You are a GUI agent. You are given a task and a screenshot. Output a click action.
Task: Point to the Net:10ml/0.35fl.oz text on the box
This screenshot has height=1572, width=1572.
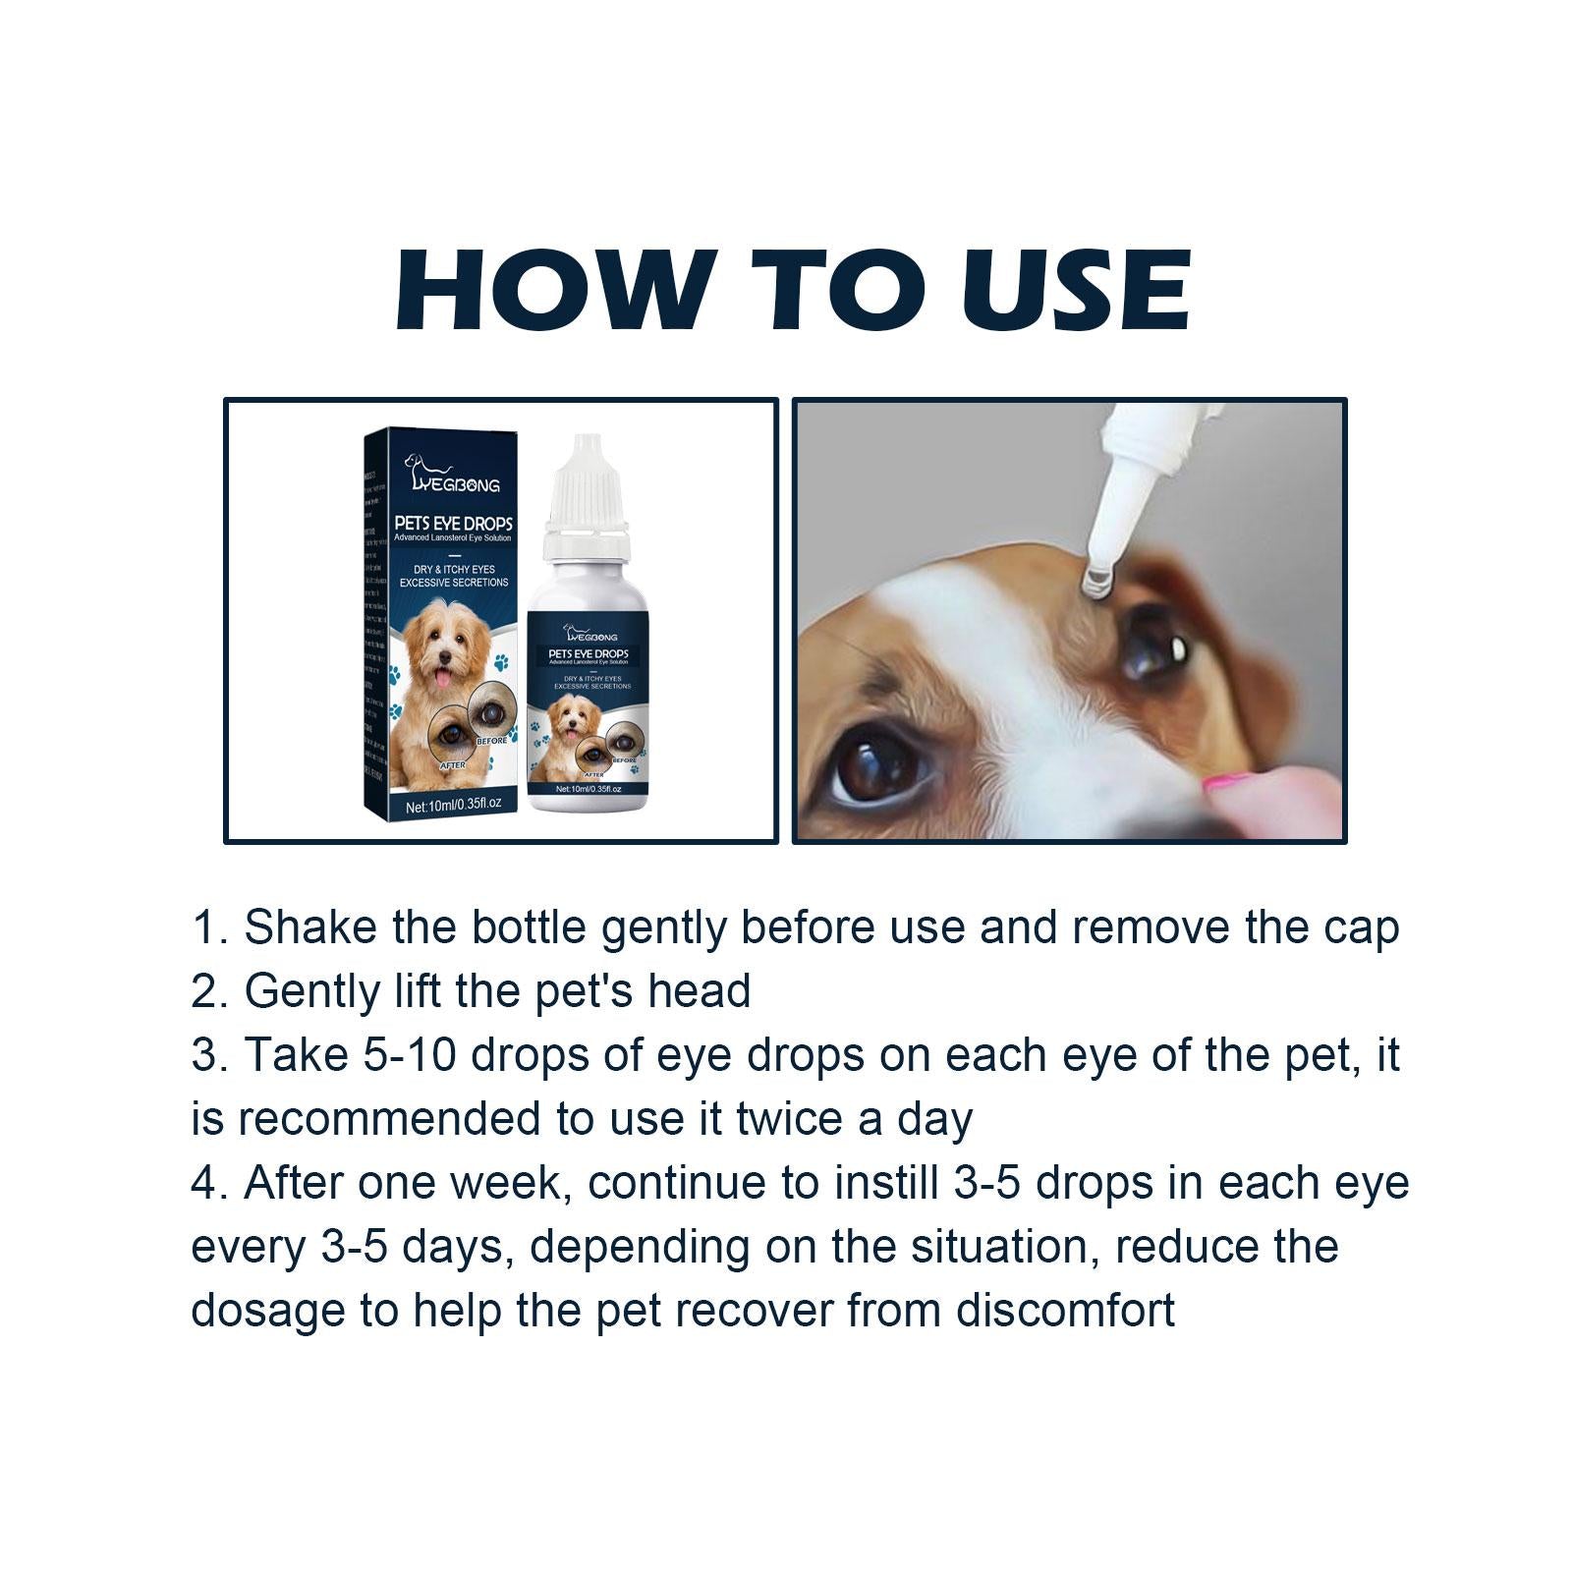click(x=453, y=804)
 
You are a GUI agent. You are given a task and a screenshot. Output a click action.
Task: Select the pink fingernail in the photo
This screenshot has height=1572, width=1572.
click(x=1231, y=784)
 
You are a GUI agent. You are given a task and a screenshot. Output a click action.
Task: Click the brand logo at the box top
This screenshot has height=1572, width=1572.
click(x=453, y=474)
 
